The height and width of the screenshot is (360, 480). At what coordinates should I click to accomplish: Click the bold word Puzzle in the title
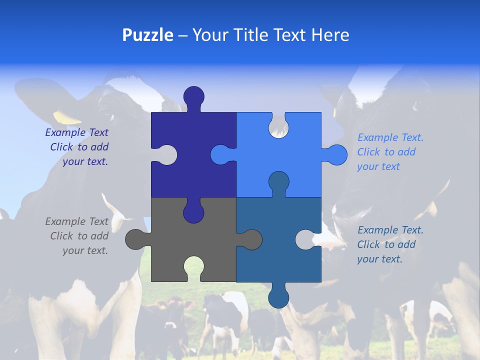tap(147, 35)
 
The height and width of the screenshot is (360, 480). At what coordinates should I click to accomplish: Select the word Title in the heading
tap(276, 35)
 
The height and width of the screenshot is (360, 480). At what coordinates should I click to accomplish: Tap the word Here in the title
tap(330, 35)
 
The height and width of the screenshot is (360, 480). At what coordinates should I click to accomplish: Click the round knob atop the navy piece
tap(193, 96)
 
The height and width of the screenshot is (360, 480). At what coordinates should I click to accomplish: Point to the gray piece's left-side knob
tap(135, 239)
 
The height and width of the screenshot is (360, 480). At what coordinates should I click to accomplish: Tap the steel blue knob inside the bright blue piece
tap(278, 181)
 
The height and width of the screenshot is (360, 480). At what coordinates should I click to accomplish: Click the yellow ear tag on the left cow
tap(66, 117)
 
